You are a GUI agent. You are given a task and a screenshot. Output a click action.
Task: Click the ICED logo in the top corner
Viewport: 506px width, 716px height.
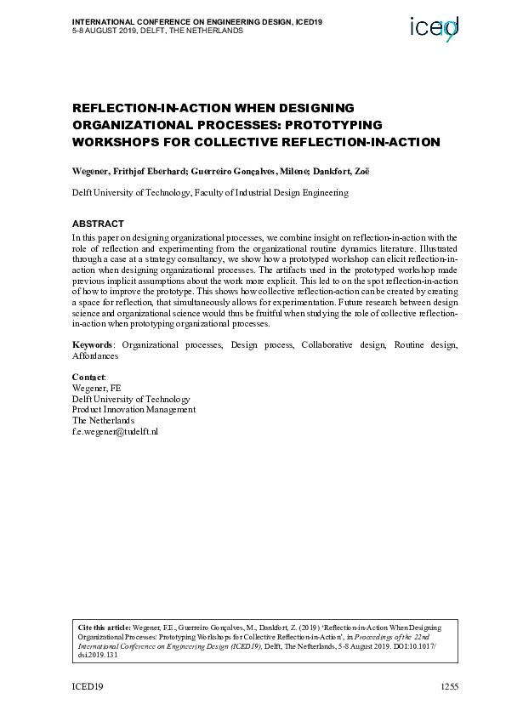[x=434, y=30]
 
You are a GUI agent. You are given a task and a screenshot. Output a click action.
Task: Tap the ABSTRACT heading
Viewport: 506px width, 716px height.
[x=99, y=224]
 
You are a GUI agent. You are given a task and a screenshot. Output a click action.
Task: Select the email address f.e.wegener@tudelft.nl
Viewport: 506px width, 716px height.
[x=115, y=431]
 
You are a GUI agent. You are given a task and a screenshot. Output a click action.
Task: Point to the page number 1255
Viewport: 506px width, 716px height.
[x=447, y=685]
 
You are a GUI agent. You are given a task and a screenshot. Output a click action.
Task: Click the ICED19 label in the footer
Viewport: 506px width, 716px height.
[x=88, y=685]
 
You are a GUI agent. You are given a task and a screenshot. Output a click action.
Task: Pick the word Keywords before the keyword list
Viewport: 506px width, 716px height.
[x=92, y=345]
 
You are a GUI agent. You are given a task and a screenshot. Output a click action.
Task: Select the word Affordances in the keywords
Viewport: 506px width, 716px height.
[x=95, y=356]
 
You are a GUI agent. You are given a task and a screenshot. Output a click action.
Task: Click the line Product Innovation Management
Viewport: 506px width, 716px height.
[x=134, y=409]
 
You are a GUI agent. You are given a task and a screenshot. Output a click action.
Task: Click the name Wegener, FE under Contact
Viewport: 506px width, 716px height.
[x=96, y=387]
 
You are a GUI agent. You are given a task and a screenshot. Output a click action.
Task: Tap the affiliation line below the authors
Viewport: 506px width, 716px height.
[x=210, y=193]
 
